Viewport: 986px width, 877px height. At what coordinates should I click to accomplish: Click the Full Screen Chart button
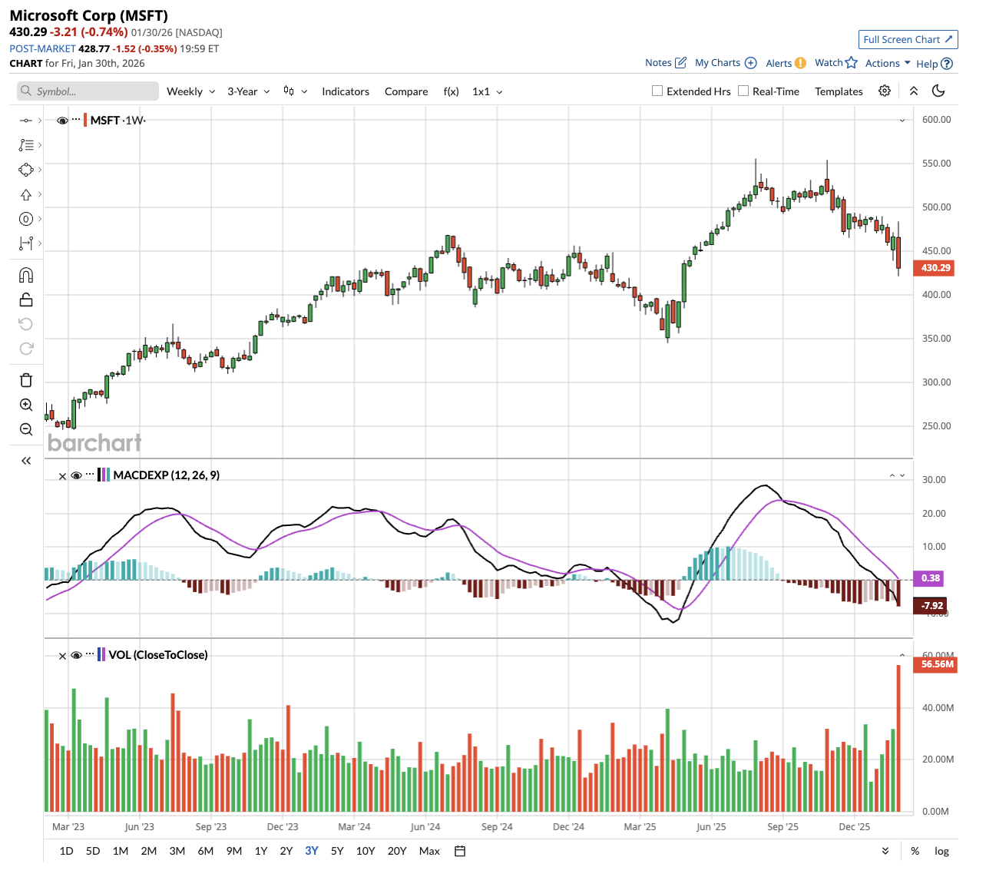pyautogui.click(x=908, y=40)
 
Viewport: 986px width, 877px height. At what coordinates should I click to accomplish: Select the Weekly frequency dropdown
pyautogui.click(x=190, y=91)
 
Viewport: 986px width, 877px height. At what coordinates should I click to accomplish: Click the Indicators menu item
pyautogui.click(x=346, y=91)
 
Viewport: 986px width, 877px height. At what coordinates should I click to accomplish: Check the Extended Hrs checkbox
pyautogui.click(x=657, y=91)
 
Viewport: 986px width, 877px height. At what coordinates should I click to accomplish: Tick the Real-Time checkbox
pyautogui.click(x=743, y=91)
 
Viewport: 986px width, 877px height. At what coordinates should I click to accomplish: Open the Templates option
pyautogui.click(x=839, y=91)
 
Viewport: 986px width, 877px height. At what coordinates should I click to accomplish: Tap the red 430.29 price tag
pyautogui.click(x=935, y=268)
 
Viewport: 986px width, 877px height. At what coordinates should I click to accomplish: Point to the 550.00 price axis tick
pyautogui.click(x=936, y=164)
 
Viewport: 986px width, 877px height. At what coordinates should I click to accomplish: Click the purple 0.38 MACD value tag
pyautogui.click(x=931, y=578)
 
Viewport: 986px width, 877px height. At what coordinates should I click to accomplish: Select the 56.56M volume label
pyautogui.click(x=937, y=664)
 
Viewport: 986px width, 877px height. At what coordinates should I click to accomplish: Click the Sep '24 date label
pyautogui.click(x=497, y=827)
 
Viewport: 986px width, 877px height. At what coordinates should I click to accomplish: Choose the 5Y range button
pyautogui.click(x=337, y=851)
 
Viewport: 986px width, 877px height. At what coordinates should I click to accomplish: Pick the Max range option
pyautogui.click(x=429, y=851)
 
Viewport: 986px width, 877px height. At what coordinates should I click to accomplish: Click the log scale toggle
pyautogui.click(x=941, y=851)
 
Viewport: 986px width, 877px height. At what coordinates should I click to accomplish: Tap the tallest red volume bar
pyautogui.click(x=898, y=737)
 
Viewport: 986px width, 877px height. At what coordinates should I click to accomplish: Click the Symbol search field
pyautogui.click(x=88, y=91)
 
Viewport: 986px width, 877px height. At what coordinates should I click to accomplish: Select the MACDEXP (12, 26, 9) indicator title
pyautogui.click(x=167, y=475)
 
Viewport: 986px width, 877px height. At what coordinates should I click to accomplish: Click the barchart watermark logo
pyautogui.click(x=94, y=443)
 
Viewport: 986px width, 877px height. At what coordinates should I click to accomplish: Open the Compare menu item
pyautogui.click(x=406, y=91)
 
